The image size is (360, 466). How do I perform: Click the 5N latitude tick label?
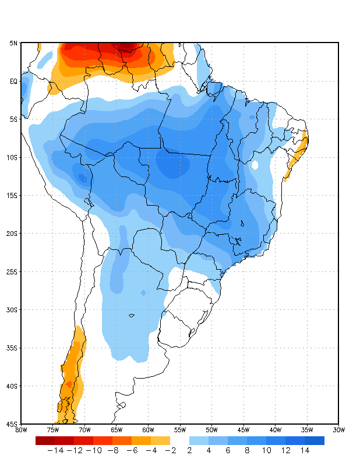[x=13, y=43]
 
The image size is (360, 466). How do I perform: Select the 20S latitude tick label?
[x=12, y=234]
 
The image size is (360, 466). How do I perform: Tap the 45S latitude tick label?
[x=12, y=424]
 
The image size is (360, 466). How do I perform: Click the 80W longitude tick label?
[x=21, y=430]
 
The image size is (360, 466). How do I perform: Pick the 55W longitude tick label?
[x=180, y=430]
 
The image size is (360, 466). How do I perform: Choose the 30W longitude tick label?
[x=339, y=430]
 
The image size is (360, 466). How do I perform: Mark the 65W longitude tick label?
[x=117, y=430]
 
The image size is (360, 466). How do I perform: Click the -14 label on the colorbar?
[x=55, y=450]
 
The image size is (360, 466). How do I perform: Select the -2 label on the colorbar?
[x=170, y=450]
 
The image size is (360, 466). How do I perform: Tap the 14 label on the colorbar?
[x=305, y=450]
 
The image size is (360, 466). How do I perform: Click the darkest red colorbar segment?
[x=45, y=440]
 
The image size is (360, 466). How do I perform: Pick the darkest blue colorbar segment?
[x=314, y=440]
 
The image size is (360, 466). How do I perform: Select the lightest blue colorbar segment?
[x=199, y=440]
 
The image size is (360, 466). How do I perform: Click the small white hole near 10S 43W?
[x=255, y=165]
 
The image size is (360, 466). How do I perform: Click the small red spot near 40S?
[x=69, y=384]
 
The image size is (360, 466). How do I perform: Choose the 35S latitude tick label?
[x=12, y=348]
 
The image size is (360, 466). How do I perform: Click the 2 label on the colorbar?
[x=189, y=450]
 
